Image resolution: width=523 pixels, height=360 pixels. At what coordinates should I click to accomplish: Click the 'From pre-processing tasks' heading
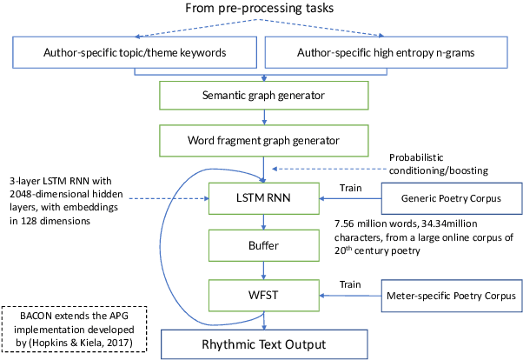[261, 11]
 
